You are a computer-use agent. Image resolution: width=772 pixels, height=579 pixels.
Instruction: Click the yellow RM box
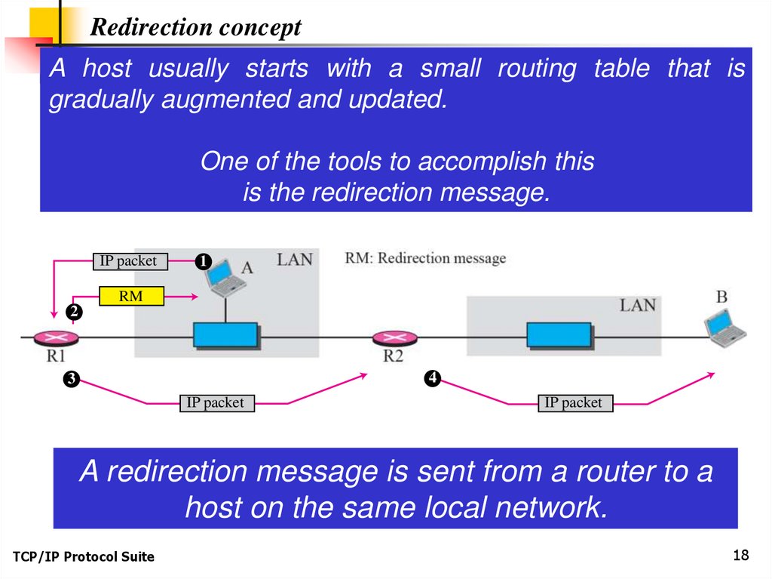point(131,297)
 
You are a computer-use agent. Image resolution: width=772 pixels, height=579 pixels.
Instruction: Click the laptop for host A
point(225,282)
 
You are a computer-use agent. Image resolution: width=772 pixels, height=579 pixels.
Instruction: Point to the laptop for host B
point(724,328)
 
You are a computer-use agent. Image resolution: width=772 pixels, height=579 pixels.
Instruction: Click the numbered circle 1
point(202,262)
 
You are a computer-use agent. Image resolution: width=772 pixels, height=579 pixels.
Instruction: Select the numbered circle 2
point(73,311)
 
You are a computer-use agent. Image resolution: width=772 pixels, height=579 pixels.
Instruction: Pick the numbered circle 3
point(70,379)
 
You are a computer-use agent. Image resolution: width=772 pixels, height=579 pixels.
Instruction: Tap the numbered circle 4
point(432,377)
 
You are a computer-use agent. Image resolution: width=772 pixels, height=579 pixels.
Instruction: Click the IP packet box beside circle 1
point(128,261)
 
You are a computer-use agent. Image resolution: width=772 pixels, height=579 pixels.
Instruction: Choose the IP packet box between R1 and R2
point(215,403)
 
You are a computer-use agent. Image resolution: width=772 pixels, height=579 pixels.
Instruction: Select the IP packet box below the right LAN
point(573,403)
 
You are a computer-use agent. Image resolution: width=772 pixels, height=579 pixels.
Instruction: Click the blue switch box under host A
point(225,334)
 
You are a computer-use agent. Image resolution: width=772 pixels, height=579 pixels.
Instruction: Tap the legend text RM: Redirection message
point(425,258)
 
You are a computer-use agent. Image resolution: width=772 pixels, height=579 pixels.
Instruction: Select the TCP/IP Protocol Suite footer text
point(83,557)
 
